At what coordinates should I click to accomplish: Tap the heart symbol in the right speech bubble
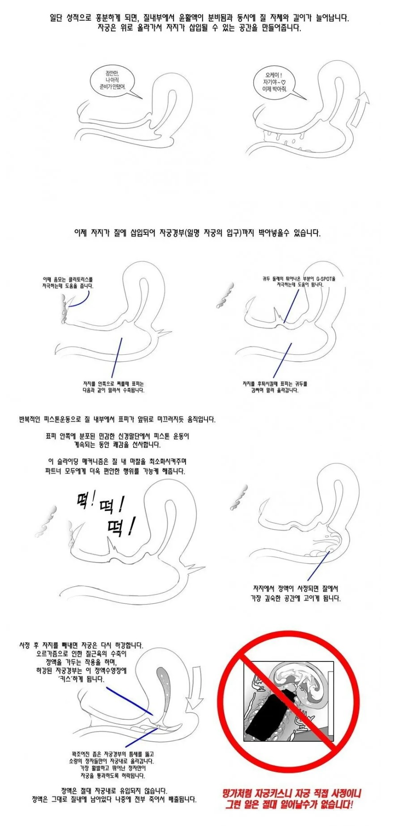(x=283, y=82)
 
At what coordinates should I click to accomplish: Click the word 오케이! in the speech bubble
(x=273, y=75)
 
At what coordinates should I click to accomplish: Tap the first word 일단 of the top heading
(x=57, y=18)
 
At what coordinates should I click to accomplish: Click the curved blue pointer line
(x=81, y=299)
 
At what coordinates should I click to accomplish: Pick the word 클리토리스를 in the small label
(x=81, y=279)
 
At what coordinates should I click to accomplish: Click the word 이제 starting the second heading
(x=81, y=233)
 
